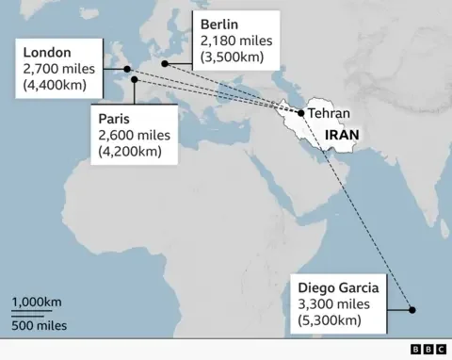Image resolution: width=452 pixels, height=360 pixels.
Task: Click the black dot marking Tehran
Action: point(300,114)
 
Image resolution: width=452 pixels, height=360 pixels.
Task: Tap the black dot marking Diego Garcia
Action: point(412,309)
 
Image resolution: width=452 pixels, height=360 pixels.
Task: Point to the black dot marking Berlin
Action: point(164,63)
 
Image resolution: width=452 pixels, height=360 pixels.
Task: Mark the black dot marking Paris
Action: point(135,80)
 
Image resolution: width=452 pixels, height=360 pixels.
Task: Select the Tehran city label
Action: point(329,114)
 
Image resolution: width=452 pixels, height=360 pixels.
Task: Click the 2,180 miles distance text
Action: point(235,42)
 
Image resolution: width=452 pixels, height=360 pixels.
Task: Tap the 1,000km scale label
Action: point(37,302)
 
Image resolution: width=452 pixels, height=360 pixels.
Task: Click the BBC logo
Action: point(428,349)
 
